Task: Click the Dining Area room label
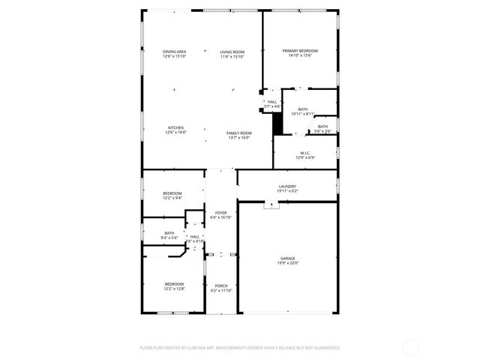(174, 51)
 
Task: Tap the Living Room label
(232, 51)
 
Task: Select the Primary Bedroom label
(299, 51)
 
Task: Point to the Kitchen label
(175, 127)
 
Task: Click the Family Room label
(238, 133)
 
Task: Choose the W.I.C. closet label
(304, 152)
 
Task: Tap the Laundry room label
(287, 186)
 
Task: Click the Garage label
(288, 258)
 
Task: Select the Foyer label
(220, 213)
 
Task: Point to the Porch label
(221, 286)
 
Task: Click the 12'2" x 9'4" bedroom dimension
(172, 198)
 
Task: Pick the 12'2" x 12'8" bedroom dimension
(174, 288)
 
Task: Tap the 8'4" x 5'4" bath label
(169, 238)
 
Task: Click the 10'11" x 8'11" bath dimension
(303, 114)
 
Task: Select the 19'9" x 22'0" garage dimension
(288, 262)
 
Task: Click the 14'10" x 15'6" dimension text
(299, 55)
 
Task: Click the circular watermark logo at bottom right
(410, 347)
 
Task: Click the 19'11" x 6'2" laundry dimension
(287, 190)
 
